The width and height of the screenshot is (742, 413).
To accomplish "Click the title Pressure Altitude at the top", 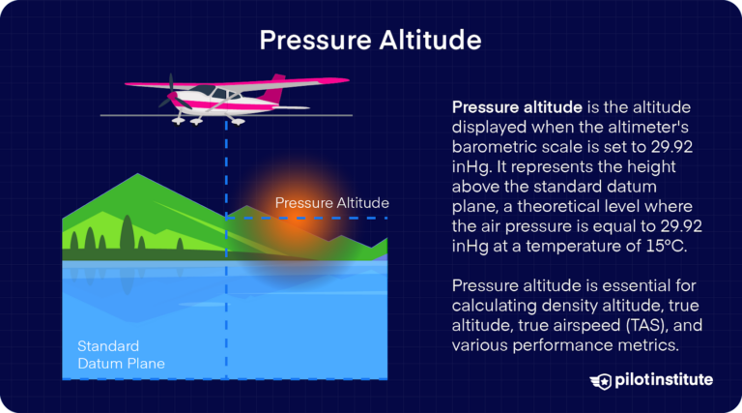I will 371,41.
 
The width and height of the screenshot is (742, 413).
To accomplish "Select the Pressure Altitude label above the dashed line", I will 331,203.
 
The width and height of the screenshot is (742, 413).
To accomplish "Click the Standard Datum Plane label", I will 121,354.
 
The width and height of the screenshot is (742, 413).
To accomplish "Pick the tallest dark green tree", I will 127,232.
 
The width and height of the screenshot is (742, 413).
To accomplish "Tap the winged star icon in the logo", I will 603,380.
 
